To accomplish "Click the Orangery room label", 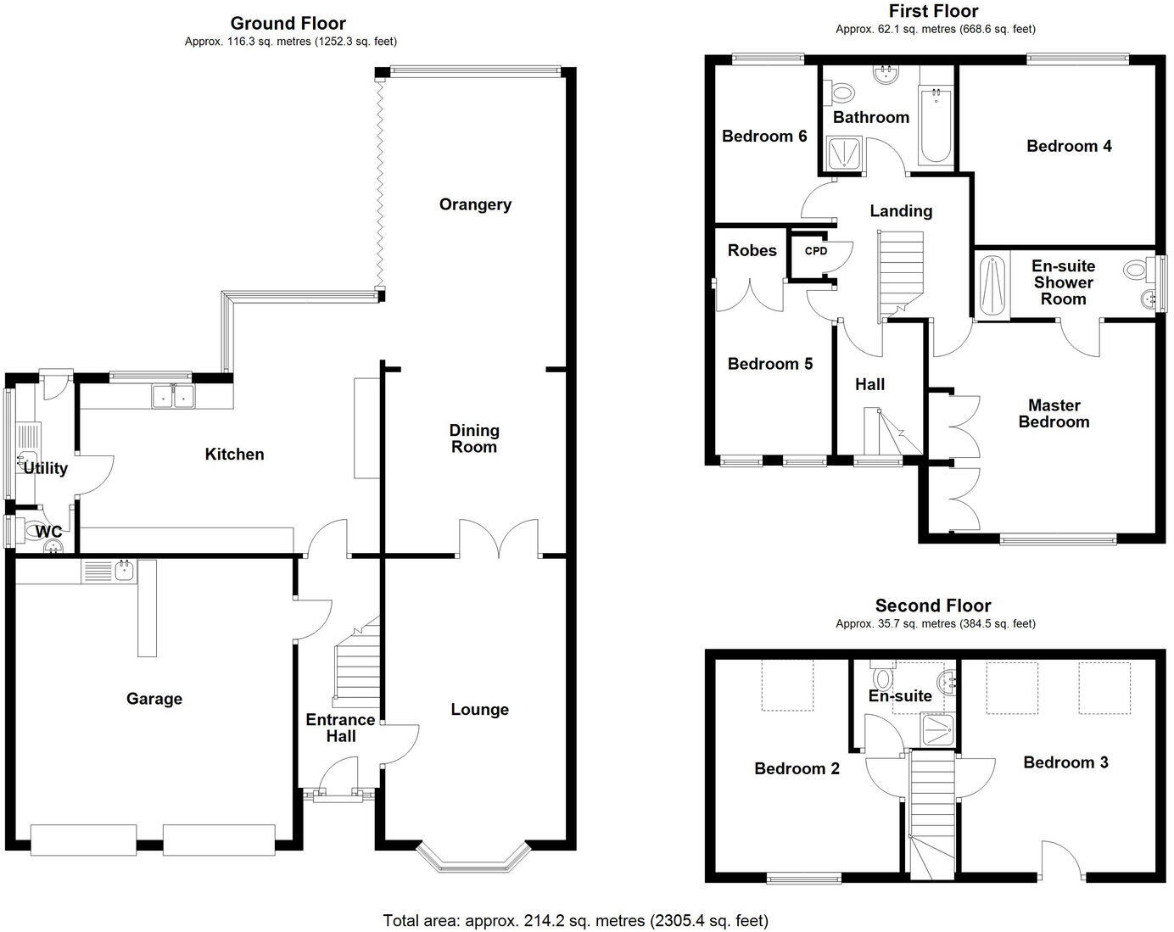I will click(475, 204).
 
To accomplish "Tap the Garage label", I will click(154, 699).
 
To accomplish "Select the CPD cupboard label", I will click(816, 251).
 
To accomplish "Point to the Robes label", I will click(752, 250).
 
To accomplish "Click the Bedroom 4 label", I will click(1069, 146).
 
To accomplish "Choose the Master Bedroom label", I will click(1054, 414).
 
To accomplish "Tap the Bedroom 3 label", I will click(1065, 762).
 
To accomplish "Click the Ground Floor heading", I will click(288, 23).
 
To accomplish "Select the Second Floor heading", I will click(933, 606).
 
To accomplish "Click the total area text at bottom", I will click(575, 920).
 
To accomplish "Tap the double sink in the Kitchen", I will click(173, 395).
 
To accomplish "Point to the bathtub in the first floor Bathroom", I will click(936, 126).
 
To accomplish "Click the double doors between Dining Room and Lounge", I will click(499, 539).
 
